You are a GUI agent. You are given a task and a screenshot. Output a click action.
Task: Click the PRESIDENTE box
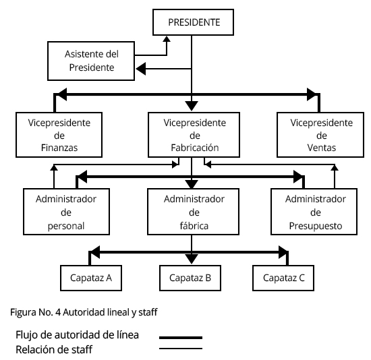coord(193,22)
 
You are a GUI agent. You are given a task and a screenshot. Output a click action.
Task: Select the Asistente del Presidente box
coord(91,61)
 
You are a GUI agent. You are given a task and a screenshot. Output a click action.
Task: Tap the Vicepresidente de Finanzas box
coord(59,135)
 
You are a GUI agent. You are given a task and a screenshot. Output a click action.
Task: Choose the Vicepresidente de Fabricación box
coord(194,135)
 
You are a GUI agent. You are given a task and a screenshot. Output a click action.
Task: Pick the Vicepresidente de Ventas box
coord(320,135)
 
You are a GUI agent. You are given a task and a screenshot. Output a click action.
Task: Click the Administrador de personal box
coord(67,212)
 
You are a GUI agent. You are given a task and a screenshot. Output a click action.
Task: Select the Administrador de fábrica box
coord(193,212)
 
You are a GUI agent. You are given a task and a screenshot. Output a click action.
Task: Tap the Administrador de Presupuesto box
coord(314,212)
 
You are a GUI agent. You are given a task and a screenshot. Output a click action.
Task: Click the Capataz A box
coord(91,278)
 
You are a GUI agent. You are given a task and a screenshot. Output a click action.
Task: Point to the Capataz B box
coord(190,278)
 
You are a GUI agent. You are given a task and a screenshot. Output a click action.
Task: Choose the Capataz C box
coord(283,278)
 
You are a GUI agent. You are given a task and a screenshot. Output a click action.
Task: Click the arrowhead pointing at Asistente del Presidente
coord(141,69)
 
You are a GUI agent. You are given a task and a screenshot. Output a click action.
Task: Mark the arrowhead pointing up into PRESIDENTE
coord(167,39)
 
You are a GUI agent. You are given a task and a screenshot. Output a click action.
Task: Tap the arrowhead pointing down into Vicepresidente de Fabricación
coord(192,106)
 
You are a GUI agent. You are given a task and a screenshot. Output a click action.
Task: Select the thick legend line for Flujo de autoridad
coord(181,338)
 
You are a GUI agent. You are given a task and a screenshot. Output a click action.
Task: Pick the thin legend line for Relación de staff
coord(181,349)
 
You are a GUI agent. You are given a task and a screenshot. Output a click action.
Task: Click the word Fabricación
coord(195,148)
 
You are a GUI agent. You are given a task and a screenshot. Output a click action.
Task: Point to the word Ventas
coord(322,148)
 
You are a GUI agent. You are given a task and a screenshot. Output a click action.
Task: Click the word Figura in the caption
coord(23,312)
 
